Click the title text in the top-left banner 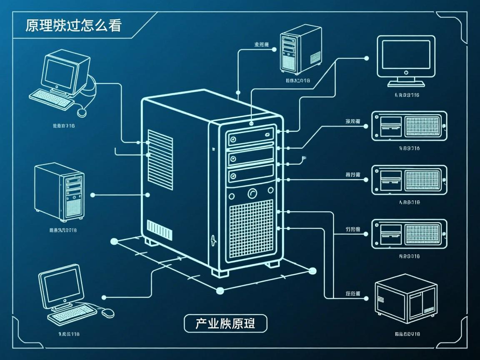point(73,25)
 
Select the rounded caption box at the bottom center point(225,323)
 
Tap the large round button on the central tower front point(252,193)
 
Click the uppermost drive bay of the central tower point(250,137)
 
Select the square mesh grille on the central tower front point(251,229)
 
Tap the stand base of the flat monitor point(406,83)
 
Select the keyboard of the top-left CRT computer point(51,99)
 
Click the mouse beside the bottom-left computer point(108,312)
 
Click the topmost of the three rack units point(409,125)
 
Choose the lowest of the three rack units point(409,234)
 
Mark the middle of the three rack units point(409,180)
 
